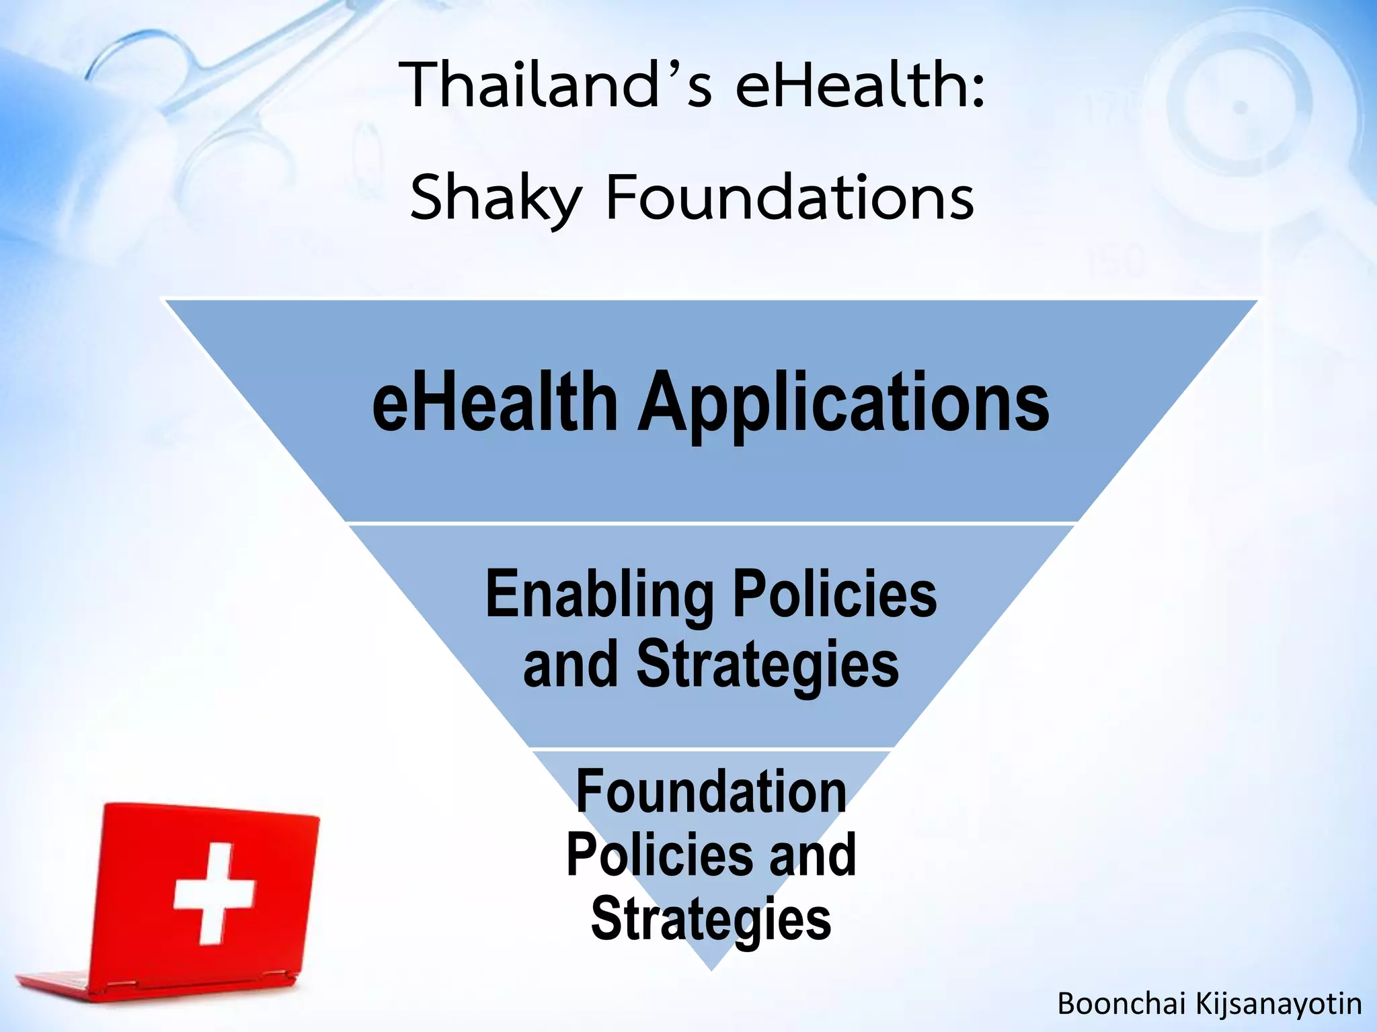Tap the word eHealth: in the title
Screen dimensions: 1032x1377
coord(861,86)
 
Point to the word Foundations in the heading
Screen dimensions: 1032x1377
coord(789,198)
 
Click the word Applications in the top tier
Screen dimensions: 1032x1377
coord(843,403)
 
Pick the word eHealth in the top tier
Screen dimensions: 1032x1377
coord(495,403)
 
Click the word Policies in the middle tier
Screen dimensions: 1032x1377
coord(834,595)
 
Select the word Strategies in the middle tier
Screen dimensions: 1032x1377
coord(767,665)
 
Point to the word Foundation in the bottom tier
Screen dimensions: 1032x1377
coord(711,793)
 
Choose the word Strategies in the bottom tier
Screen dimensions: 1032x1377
coord(711,919)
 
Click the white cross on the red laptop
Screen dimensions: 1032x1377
coord(214,894)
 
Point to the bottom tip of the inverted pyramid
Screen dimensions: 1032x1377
coord(711,967)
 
